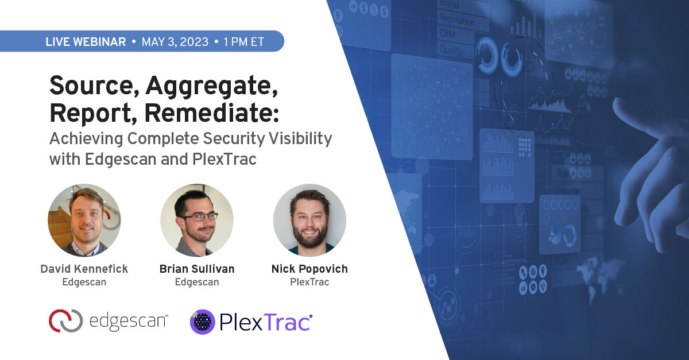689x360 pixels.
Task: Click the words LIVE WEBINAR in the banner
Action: pos(85,42)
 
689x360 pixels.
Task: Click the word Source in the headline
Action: pos(91,87)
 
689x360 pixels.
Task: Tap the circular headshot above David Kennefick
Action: pos(84,220)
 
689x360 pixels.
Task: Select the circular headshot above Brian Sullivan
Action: pos(197,220)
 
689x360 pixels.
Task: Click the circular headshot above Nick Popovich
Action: pos(309,220)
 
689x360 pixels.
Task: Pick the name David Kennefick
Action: pos(84,269)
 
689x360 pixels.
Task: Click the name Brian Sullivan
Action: pos(197,269)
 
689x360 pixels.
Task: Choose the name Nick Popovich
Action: pos(309,269)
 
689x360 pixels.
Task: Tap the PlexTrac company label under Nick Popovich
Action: pos(309,282)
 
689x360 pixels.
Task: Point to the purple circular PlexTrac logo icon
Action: pos(202,322)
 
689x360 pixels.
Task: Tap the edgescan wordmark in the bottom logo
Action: pos(129,321)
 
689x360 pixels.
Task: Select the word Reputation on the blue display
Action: pos(458,20)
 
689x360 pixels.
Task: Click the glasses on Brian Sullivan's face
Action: pos(198,216)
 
